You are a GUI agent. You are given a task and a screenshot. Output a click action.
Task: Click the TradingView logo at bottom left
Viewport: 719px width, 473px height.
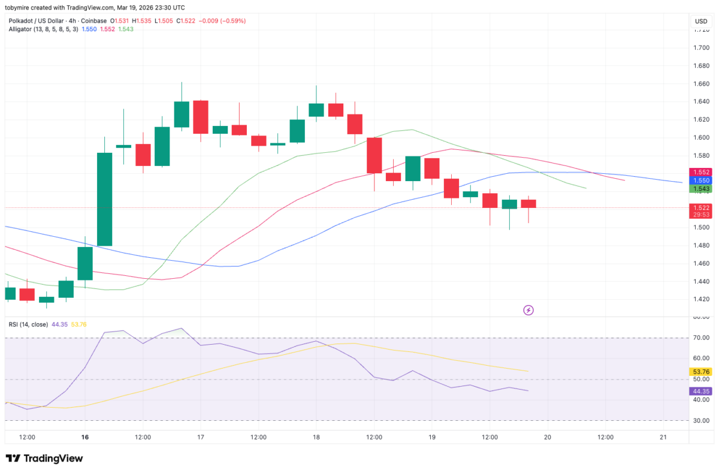click(44, 459)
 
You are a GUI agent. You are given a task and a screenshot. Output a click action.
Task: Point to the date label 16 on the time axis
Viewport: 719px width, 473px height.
click(85, 438)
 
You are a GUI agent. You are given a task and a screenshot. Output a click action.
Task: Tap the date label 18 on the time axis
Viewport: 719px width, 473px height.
click(316, 438)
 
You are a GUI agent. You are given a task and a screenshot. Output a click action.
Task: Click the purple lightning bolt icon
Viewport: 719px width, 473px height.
click(528, 310)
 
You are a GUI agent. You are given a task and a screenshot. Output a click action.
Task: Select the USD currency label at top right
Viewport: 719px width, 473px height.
click(701, 21)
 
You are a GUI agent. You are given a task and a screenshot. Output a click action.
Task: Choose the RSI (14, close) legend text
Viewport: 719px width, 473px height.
click(29, 324)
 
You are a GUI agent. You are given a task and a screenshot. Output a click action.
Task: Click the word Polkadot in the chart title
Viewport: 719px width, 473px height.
click(23, 20)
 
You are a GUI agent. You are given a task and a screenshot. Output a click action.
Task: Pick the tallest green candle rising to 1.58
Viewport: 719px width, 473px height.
click(105, 199)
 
